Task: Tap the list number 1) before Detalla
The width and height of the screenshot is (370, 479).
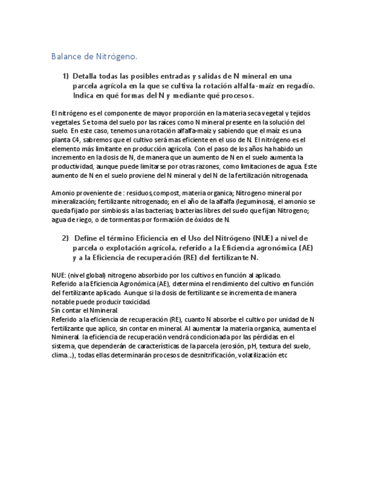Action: pos(66,76)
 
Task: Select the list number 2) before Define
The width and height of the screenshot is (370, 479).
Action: pos(66,238)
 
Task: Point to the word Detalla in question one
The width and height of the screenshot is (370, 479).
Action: pos(86,76)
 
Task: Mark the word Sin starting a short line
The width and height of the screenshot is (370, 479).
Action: pos(56,311)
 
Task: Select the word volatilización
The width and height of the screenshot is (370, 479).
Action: pos(258,356)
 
